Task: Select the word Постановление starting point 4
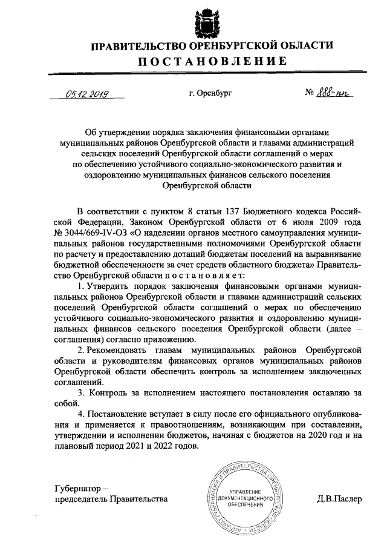pos(120,415)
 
